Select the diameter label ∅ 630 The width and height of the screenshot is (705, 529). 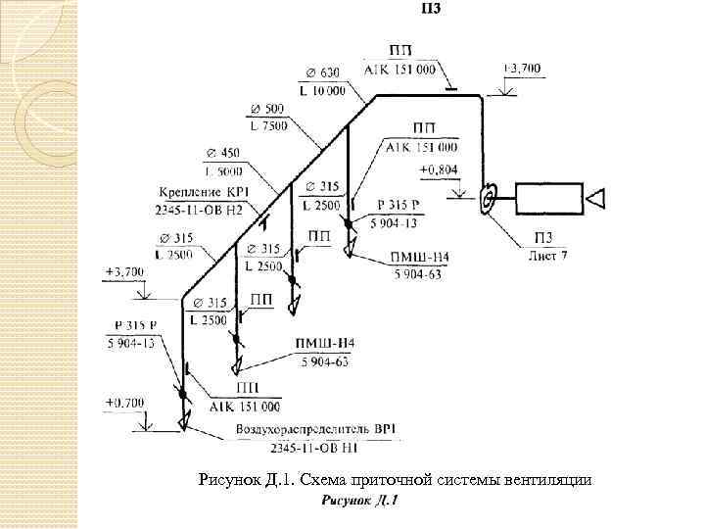tap(322, 72)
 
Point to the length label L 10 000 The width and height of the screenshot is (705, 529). tap(324, 90)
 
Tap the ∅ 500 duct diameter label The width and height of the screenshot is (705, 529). tap(266, 108)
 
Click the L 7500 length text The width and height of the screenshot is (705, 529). tap(267, 126)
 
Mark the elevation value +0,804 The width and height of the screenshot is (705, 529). tap(438, 170)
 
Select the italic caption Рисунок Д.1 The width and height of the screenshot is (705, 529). tap(358, 501)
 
